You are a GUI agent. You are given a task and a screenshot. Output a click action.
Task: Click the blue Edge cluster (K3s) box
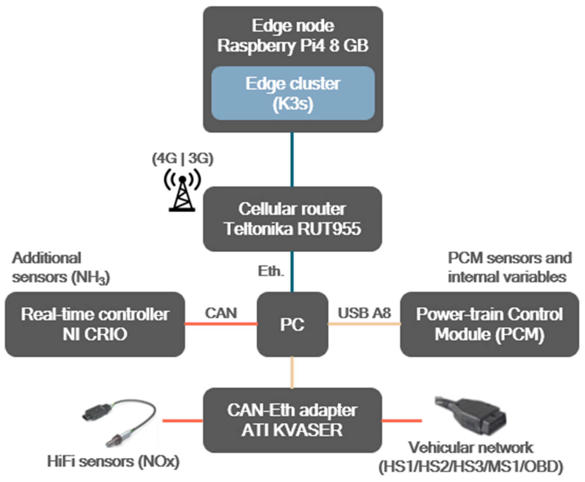point(293,93)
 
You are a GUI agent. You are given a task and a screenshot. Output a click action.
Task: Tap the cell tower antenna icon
point(182,193)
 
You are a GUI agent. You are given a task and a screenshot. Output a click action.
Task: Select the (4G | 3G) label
point(183,159)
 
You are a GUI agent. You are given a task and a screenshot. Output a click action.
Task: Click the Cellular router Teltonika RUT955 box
point(292,219)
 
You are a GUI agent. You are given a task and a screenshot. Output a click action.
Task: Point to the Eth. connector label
point(271,271)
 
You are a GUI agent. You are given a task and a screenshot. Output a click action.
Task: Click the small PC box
point(292,324)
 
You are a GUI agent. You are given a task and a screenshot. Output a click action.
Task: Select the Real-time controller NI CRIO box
point(95,324)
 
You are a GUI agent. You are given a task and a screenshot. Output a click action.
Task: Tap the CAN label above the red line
point(221,313)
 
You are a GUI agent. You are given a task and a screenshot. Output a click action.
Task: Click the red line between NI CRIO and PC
point(221,323)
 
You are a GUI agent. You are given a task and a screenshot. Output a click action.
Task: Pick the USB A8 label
point(364,313)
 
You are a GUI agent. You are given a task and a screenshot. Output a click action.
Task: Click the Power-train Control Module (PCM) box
point(489,324)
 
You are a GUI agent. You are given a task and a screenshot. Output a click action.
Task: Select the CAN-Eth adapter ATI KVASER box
point(292,420)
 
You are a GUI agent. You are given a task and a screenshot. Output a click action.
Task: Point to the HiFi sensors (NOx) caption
point(113,462)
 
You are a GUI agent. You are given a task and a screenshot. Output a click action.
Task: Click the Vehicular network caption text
point(471,457)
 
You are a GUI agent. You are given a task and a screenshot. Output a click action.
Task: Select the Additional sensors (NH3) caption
point(61,268)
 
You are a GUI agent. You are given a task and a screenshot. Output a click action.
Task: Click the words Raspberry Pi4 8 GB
point(293,45)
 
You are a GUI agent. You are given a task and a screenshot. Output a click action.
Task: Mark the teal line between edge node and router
point(292,159)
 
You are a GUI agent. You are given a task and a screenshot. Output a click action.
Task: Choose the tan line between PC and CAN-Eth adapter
point(292,372)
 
